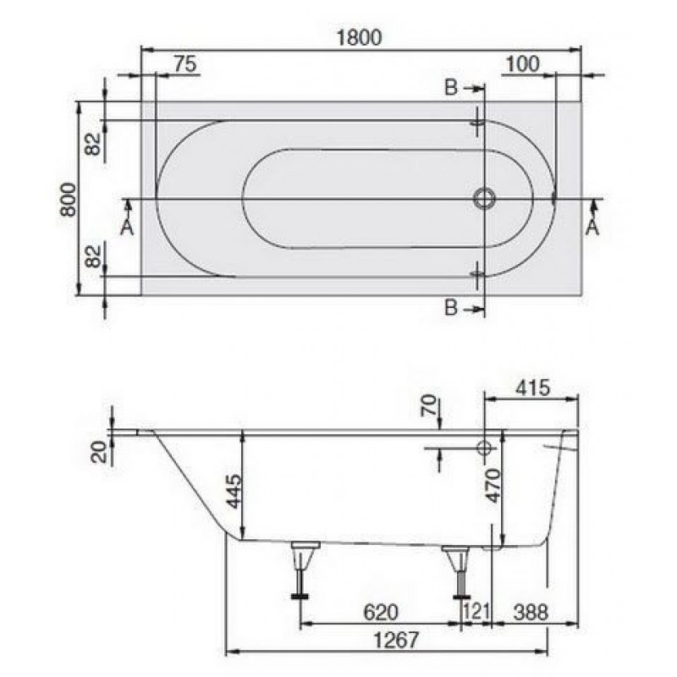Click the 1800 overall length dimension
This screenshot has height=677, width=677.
[359, 37]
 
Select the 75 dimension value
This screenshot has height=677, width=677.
[185, 64]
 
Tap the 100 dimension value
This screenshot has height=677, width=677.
[522, 64]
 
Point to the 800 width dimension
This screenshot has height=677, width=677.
[69, 199]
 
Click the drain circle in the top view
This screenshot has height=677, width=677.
[484, 199]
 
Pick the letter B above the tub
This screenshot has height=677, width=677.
[451, 88]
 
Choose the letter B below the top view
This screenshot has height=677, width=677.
[451, 308]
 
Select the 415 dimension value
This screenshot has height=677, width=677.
[533, 388]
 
